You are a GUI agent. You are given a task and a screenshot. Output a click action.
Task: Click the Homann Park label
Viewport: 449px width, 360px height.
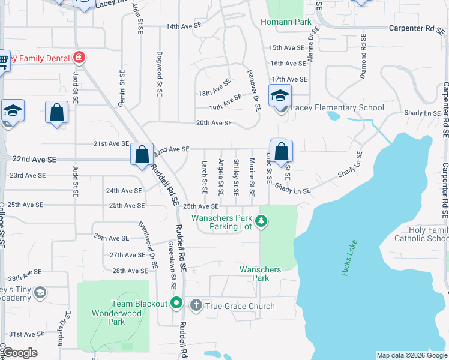coord(286,22)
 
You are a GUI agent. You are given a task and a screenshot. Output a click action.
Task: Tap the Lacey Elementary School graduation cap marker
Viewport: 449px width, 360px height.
coord(280,95)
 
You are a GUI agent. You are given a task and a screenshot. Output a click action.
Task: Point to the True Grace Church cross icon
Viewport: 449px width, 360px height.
coord(195,305)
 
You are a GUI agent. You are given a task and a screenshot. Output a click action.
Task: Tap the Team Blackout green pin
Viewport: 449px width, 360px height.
coord(176,302)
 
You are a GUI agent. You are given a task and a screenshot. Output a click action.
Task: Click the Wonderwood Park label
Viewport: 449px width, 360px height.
coord(109,317)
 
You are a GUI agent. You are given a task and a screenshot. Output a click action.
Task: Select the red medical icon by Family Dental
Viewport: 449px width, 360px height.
coord(79,58)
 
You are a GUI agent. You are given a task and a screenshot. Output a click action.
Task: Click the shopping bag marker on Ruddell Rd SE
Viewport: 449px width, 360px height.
coord(142,155)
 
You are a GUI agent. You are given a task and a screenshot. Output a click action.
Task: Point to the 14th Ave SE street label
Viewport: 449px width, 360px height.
coord(184,26)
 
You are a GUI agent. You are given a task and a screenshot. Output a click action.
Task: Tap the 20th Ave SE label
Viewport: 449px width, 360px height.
coord(214,123)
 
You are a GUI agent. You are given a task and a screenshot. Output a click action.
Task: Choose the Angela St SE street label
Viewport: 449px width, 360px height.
coord(221,177)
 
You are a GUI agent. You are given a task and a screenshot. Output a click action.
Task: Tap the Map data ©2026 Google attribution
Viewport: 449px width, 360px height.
coord(412,355)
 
